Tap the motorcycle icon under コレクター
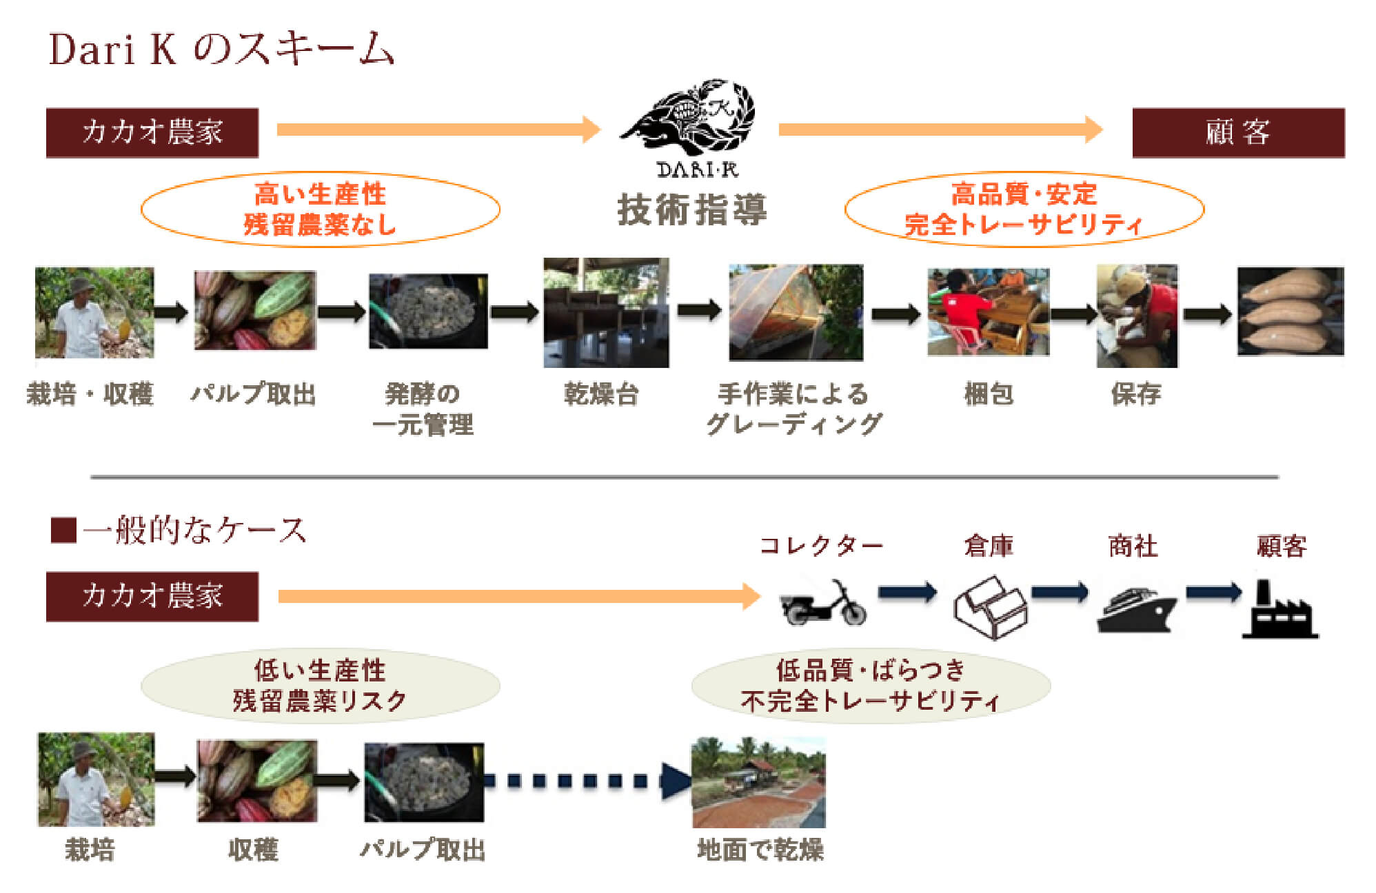[823, 603]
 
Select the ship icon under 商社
[1135, 610]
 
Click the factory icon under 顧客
[1279, 610]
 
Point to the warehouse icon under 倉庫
[990, 607]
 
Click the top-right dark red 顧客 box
[1237, 132]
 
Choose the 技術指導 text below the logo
[691, 209]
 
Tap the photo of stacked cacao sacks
[1290, 311]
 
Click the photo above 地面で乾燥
[758, 782]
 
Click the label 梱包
[989, 394]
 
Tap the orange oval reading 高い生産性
[320, 209]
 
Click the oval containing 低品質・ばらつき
[870, 686]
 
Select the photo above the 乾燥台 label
[605, 312]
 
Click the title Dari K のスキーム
[221, 50]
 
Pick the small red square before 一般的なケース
[63, 531]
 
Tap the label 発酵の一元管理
[422, 409]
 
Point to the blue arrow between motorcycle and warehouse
[907, 592]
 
